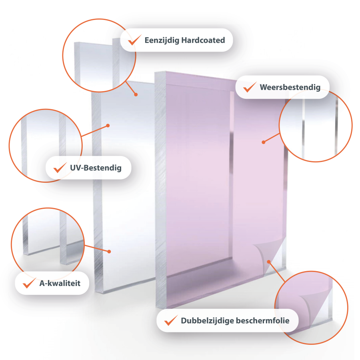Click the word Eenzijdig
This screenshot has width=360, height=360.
click(x=162, y=40)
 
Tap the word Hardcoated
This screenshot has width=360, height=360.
click(x=203, y=40)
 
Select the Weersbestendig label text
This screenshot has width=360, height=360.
click(x=290, y=88)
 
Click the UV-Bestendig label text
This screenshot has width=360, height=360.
click(x=96, y=168)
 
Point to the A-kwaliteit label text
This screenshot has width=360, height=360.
click(x=60, y=283)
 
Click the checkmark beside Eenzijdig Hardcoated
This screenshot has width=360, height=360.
click(x=134, y=40)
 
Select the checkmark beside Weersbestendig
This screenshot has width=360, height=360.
click(x=250, y=87)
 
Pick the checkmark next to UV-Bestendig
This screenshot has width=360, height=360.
click(x=60, y=167)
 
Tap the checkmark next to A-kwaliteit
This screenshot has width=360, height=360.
click(x=29, y=283)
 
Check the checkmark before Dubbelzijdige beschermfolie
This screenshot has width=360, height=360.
click(x=171, y=320)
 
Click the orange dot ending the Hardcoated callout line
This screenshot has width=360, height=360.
click(x=136, y=94)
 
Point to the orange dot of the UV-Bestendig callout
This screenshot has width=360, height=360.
click(x=108, y=126)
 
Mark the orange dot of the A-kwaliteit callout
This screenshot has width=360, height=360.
click(x=109, y=252)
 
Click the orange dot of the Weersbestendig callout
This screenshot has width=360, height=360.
click(x=264, y=142)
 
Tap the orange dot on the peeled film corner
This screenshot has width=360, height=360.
click(x=269, y=262)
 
